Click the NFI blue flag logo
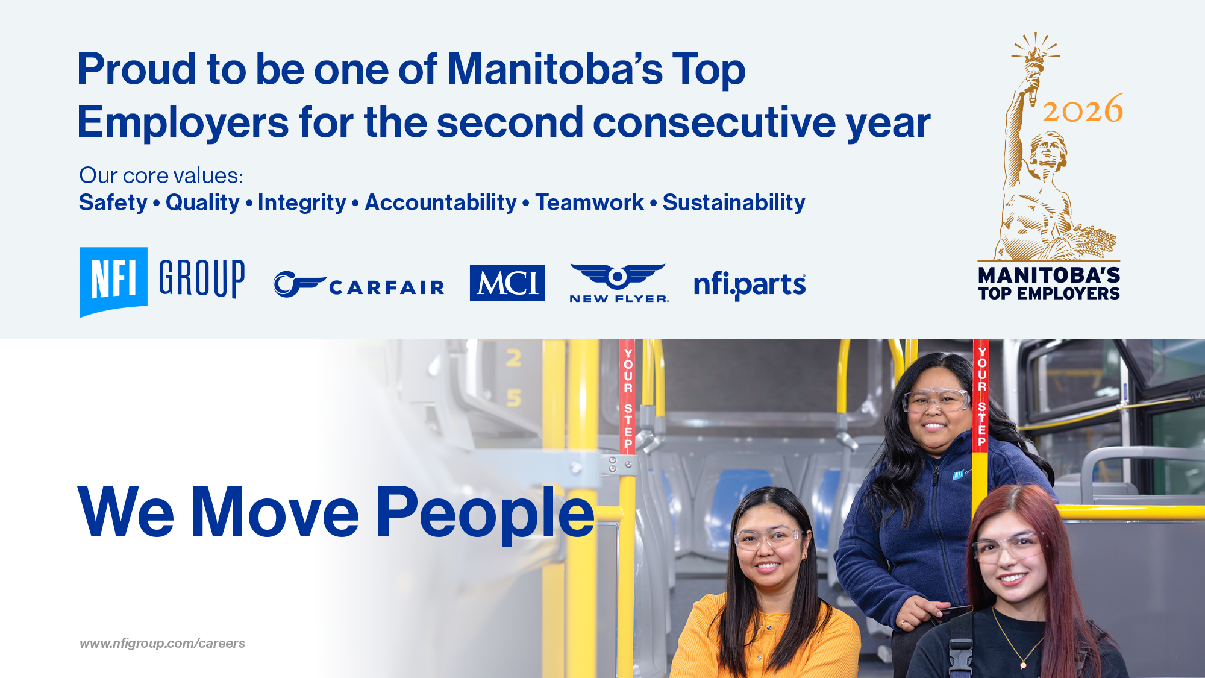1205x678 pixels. click(x=113, y=281)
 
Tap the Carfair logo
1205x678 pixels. click(x=359, y=285)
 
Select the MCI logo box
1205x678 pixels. click(x=507, y=283)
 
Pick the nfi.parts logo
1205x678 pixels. click(x=749, y=284)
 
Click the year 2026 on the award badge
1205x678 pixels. click(x=1083, y=110)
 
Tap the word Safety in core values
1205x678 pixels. click(x=113, y=203)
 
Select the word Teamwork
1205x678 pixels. click(x=589, y=203)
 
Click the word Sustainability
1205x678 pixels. click(x=733, y=203)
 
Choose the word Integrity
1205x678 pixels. click(x=301, y=203)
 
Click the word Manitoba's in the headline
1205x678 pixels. click(x=554, y=69)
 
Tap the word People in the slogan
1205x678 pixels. click(x=485, y=513)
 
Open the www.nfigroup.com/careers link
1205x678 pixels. click(x=162, y=644)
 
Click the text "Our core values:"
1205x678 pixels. click(x=161, y=175)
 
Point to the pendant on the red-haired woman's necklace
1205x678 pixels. click(x=1022, y=664)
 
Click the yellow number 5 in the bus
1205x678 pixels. click(x=513, y=398)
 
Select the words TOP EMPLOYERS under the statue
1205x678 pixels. click(x=1048, y=294)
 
